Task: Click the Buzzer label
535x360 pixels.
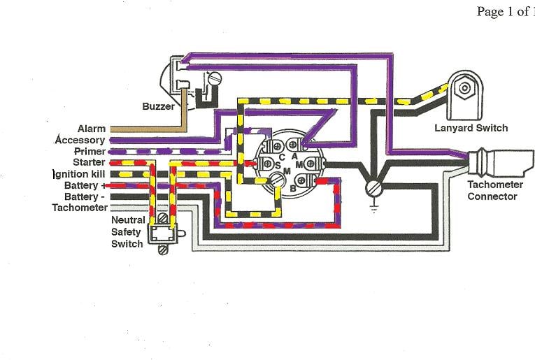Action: pos(158,107)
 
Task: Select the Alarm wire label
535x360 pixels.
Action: pos(91,129)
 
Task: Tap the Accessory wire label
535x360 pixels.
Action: pos(80,140)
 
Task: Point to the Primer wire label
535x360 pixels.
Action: pos(90,151)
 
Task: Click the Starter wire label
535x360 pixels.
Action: pos(88,162)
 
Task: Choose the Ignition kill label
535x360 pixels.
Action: pos(80,174)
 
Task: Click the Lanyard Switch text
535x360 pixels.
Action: pos(471,128)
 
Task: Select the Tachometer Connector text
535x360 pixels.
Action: pos(492,190)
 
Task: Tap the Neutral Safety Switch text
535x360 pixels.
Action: pos(127,232)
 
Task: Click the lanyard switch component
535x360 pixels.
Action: pos(464,93)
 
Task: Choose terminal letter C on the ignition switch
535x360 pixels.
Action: pos(281,157)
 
